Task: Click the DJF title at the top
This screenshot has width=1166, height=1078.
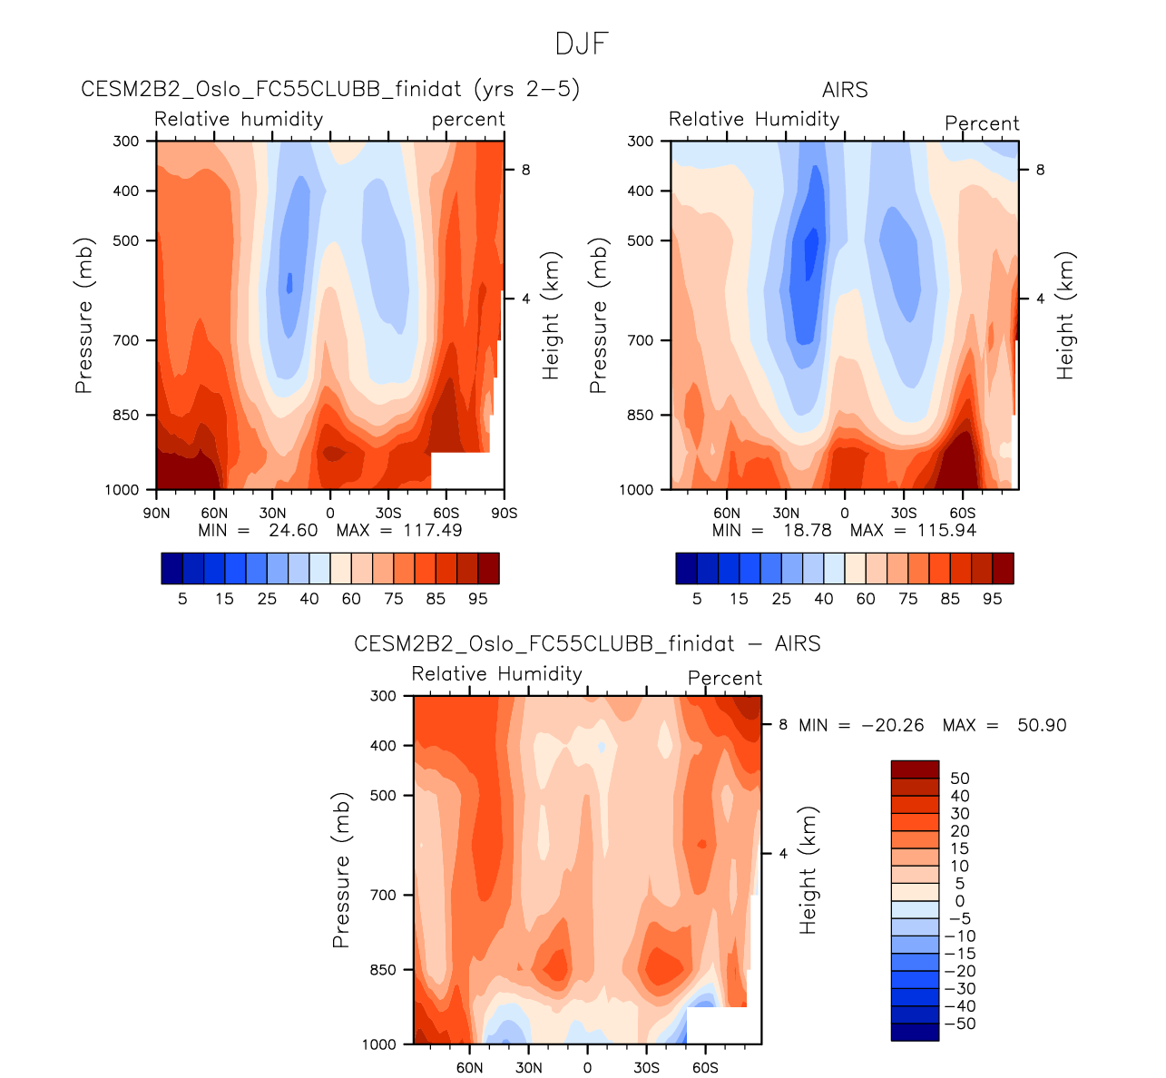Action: (x=582, y=44)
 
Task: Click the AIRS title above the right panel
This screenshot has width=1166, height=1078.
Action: (x=845, y=90)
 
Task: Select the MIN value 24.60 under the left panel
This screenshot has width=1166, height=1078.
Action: (x=293, y=530)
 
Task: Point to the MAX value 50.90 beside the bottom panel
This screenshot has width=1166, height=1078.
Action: (x=1037, y=725)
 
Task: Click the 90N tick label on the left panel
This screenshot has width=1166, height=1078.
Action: (x=156, y=513)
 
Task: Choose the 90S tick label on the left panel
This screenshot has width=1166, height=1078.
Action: (x=504, y=513)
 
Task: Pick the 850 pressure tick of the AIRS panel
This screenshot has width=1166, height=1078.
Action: (x=641, y=415)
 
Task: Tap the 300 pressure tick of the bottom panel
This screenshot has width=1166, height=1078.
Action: (x=385, y=696)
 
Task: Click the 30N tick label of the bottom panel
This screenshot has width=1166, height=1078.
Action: (x=529, y=1067)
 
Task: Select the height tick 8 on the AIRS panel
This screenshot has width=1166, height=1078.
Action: (x=1040, y=170)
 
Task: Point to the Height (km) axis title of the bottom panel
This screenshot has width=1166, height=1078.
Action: (x=808, y=870)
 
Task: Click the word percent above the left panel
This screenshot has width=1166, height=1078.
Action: (x=468, y=120)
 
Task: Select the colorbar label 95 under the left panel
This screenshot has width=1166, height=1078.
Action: (x=478, y=599)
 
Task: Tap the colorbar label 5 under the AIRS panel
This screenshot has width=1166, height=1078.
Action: (x=697, y=599)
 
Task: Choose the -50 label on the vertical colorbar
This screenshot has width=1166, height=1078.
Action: (x=960, y=1024)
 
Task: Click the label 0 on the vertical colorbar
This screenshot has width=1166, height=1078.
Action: (x=960, y=901)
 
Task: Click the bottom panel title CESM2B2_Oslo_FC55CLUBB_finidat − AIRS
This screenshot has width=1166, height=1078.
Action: (x=587, y=644)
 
